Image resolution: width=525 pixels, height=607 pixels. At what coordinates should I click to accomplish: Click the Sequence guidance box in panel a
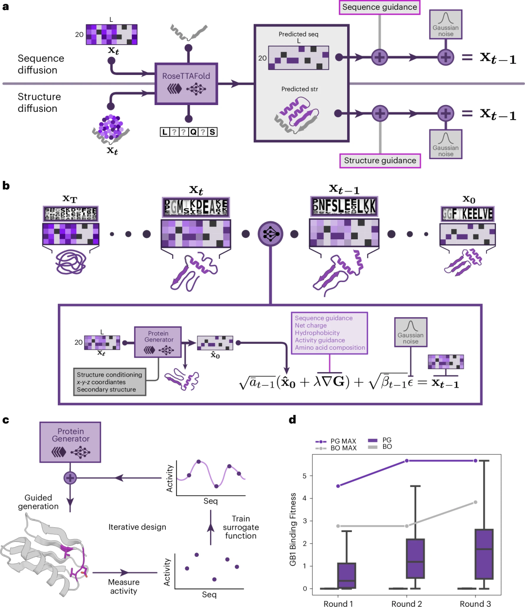(x=380, y=7)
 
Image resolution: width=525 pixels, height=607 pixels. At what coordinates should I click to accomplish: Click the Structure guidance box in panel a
(x=380, y=161)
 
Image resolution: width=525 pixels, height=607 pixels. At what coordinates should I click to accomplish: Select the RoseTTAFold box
(x=186, y=83)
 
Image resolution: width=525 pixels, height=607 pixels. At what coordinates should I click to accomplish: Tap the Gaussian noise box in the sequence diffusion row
(x=445, y=25)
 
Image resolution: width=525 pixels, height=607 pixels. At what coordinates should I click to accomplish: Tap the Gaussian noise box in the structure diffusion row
(x=445, y=144)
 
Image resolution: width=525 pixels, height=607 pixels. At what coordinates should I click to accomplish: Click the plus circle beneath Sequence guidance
(x=379, y=57)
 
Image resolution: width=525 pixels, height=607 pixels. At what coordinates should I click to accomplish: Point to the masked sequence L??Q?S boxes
(x=189, y=132)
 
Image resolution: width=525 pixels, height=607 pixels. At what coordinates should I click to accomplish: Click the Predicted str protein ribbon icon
(x=296, y=116)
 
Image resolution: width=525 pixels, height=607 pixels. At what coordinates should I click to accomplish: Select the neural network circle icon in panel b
(x=270, y=234)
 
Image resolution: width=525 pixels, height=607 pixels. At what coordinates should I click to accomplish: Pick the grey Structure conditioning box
(x=109, y=382)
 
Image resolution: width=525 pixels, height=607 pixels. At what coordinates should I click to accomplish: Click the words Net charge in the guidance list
(x=311, y=325)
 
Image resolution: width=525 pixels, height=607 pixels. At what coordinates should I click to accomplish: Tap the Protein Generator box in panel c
(x=70, y=442)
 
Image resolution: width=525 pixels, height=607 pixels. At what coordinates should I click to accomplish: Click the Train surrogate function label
(x=241, y=527)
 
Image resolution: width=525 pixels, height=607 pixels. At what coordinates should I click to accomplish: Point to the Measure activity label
(x=123, y=587)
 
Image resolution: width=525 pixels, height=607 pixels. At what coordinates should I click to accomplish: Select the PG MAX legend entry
(x=336, y=441)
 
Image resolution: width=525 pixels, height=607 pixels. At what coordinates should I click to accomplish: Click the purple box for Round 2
(x=415, y=558)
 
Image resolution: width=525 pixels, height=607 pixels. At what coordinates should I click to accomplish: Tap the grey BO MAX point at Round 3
(x=475, y=502)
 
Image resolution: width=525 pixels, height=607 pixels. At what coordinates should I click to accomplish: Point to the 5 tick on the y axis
(x=305, y=476)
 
